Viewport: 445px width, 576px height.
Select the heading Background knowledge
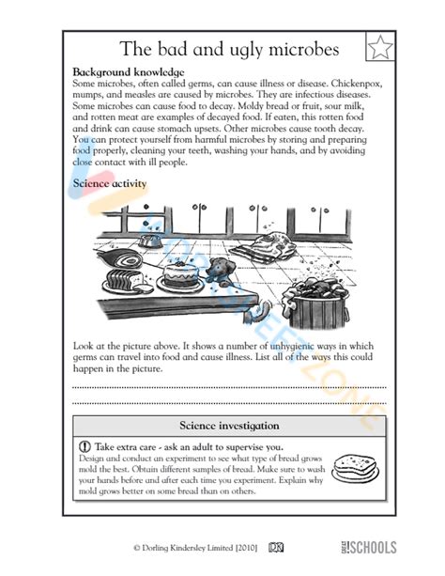(x=128, y=72)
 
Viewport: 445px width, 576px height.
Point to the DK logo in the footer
(x=277, y=547)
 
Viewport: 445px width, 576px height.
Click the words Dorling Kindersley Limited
(x=188, y=547)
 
